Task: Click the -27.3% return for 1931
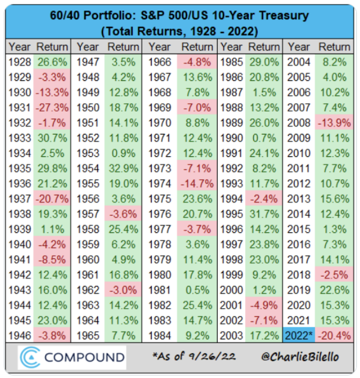tap(52, 108)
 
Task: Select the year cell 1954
tap(88, 168)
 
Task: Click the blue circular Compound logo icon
tap(28, 357)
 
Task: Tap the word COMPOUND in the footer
tap(84, 357)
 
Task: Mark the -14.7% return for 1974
tap(197, 184)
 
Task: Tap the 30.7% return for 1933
tap(52, 138)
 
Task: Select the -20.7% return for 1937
tap(52, 199)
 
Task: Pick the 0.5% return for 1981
tap(197, 290)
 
